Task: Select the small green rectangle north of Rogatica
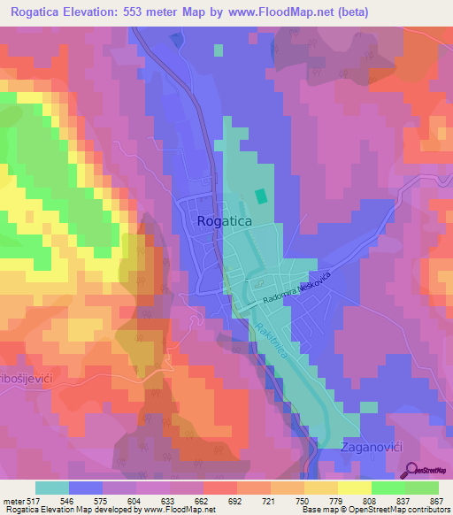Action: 260,195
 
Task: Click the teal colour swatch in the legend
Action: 51,488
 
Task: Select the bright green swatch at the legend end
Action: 422,488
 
